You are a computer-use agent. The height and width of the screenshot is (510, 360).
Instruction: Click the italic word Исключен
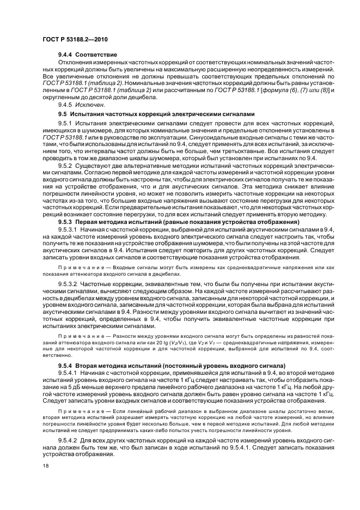pos(91,104)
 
